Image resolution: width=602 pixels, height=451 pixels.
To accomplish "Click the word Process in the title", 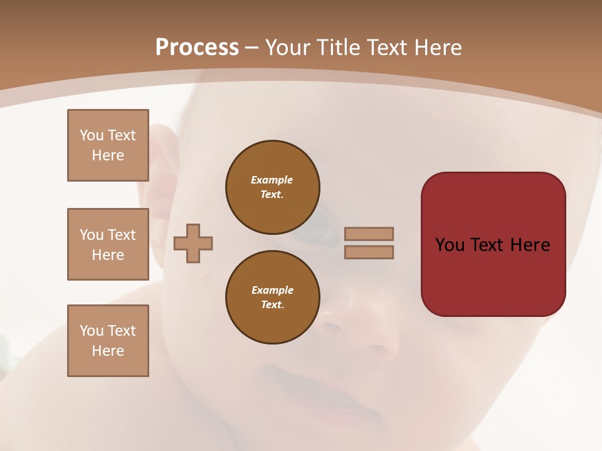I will (x=197, y=48).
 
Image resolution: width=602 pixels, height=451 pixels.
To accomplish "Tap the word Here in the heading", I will (x=436, y=48).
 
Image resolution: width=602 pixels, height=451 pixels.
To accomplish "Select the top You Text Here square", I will (x=108, y=145).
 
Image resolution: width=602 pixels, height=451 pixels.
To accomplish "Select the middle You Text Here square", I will (x=108, y=244).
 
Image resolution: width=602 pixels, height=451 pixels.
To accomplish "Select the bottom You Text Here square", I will (x=108, y=340).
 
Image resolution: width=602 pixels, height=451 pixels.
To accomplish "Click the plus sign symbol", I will (x=193, y=243).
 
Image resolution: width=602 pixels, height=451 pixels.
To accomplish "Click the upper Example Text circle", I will (x=273, y=187).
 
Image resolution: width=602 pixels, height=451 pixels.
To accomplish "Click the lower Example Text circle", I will (x=273, y=298).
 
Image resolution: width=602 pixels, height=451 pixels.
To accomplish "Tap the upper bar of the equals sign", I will (x=369, y=234).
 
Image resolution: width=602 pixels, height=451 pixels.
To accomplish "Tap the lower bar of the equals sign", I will (x=369, y=252).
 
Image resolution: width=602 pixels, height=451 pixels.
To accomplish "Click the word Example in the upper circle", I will (x=272, y=180).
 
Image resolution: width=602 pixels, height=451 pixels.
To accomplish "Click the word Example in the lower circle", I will (x=272, y=290).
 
